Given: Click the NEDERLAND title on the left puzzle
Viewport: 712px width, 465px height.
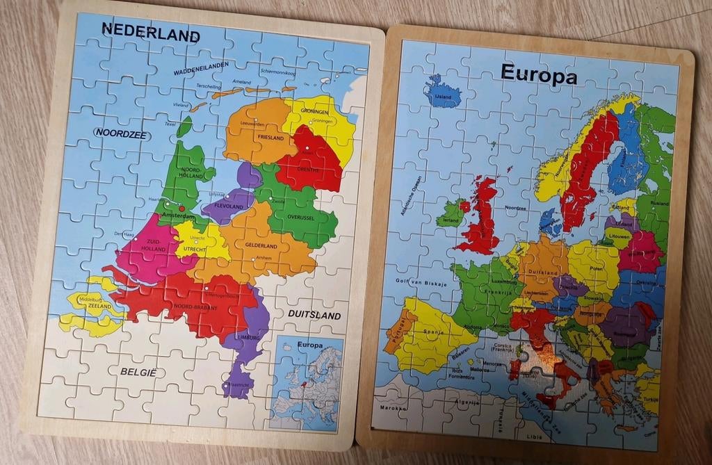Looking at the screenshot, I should click(150, 31).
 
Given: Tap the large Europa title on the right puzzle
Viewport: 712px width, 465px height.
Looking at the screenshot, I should click(538, 73).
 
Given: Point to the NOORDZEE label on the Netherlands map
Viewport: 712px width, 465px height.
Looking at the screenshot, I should click(121, 133).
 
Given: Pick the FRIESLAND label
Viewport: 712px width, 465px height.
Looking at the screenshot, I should click(270, 138).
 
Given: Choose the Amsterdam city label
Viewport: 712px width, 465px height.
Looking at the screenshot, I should click(179, 217).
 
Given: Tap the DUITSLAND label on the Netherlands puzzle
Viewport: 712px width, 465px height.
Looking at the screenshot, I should click(314, 315).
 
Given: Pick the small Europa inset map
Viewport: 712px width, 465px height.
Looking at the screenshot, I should click(306, 382).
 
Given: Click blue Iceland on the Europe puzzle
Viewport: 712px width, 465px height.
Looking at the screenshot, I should click(442, 93).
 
